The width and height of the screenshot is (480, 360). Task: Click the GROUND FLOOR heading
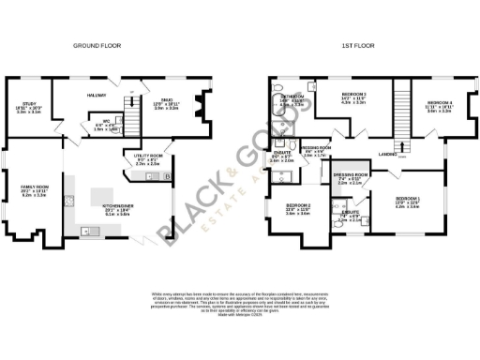[98, 45]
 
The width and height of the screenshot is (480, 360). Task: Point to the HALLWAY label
[97, 96]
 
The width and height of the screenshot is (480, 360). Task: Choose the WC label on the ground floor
[106, 121]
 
